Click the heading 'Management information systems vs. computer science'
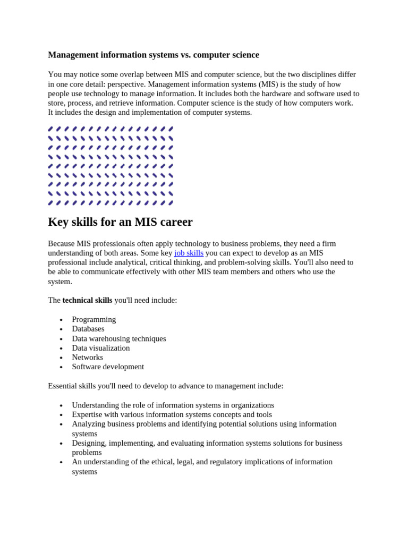(x=154, y=55)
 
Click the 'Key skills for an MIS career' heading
(x=120, y=222)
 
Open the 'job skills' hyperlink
(x=189, y=253)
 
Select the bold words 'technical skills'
(x=87, y=300)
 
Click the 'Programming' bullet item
(x=93, y=319)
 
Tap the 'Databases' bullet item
(x=88, y=329)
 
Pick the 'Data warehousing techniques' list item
(x=119, y=338)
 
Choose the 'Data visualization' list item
(x=101, y=348)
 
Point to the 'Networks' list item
(x=88, y=358)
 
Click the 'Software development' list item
(x=108, y=367)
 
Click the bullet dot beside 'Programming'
(x=61, y=320)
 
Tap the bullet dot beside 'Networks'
(x=61, y=358)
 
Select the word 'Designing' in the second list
(x=89, y=443)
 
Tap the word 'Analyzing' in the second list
(x=89, y=424)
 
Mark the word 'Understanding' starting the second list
(x=97, y=405)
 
